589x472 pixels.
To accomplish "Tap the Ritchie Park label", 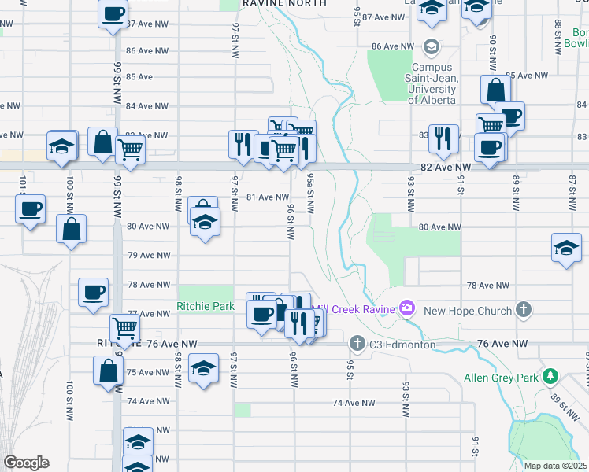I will (x=206, y=307).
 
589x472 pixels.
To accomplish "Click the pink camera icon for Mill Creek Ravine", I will (x=407, y=308).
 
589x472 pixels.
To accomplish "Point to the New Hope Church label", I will (x=468, y=311).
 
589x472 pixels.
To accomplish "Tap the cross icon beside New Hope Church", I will (x=524, y=310).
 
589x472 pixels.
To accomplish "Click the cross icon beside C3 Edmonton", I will (x=357, y=343).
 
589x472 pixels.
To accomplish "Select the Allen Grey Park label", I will (x=501, y=378).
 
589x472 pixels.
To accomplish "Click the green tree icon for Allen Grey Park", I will (x=552, y=377).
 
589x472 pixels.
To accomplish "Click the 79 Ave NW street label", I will (x=149, y=255).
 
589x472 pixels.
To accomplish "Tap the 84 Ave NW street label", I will (x=149, y=105).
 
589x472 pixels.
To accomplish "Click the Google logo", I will (x=26, y=463).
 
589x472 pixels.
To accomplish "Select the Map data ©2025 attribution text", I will (x=555, y=466).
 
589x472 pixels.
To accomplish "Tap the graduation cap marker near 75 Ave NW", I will (x=203, y=371).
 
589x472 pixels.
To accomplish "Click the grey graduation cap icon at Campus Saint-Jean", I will (x=431, y=48).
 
